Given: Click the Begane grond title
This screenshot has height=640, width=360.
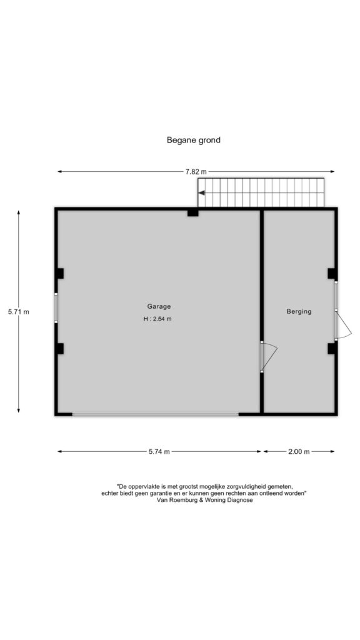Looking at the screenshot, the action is (194, 140).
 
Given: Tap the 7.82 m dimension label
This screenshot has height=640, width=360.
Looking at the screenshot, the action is (196, 172).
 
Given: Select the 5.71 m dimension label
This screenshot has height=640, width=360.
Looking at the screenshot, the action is (19, 312).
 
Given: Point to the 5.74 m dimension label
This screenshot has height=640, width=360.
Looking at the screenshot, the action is (159, 451).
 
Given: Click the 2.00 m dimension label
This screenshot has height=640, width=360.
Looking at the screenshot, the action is (299, 451).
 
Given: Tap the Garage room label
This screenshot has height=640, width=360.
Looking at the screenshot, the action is (159, 306).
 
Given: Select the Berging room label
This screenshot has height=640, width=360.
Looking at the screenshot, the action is (299, 311).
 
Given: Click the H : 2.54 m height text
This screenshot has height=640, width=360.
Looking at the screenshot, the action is (157, 319).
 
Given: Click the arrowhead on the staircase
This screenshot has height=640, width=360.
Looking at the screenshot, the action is (201, 192).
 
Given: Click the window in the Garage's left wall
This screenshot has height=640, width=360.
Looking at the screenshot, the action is (56, 307).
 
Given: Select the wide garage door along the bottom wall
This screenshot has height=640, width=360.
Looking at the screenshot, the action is (156, 414).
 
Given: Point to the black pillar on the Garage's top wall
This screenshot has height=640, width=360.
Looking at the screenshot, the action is (193, 212).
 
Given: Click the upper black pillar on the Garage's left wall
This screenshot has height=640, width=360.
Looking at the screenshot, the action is (60, 274).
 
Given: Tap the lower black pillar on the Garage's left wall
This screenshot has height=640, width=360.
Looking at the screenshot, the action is (60, 349).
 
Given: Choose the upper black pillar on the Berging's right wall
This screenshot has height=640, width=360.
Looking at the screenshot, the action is (332, 274).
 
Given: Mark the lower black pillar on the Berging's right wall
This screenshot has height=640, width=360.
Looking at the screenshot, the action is (332, 349).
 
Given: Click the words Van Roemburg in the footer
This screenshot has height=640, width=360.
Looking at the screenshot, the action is (175, 501).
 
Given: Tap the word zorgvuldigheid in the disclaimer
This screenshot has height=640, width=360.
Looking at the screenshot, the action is (236, 486).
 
